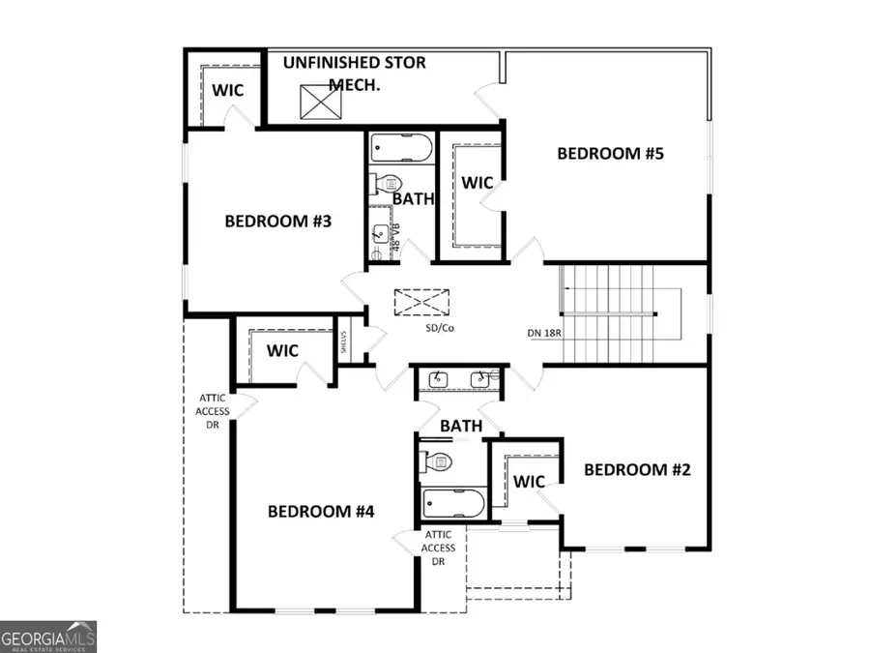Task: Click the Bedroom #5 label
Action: coord(613,153)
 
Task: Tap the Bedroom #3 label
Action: coord(278,222)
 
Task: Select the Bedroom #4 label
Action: coord(321,511)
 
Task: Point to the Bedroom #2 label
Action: coord(638,470)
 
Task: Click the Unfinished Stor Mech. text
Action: coord(354,73)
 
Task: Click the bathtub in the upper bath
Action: coord(400,150)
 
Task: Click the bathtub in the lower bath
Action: coord(453,502)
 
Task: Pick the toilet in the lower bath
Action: coord(436,462)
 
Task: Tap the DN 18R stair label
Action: coord(545,333)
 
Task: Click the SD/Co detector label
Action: coord(439,328)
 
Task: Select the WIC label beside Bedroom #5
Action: coord(478,183)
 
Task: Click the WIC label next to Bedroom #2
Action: coord(530,482)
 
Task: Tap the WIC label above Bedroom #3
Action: coord(228,90)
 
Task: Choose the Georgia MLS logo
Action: coord(48,638)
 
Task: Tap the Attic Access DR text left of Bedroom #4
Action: coord(214,411)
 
